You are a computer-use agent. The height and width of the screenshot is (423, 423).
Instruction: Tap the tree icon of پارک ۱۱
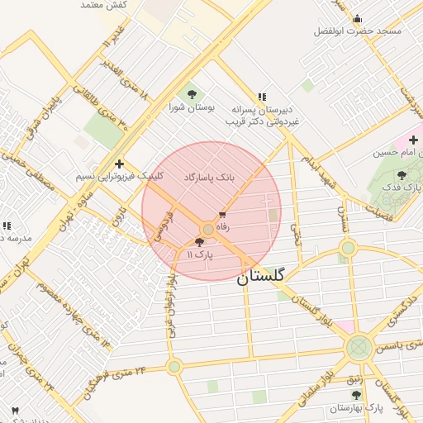click(x=198, y=242)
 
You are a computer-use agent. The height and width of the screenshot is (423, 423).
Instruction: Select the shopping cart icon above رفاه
click(x=221, y=214)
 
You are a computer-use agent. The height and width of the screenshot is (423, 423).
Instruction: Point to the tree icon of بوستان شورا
click(x=192, y=94)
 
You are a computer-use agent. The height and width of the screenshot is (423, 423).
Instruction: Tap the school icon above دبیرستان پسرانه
click(x=262, y=97)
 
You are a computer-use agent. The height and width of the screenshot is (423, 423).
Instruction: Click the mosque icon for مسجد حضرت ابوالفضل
click(x=357, y=18)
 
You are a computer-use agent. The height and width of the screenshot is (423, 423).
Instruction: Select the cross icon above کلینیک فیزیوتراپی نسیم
click(x=120, y=164)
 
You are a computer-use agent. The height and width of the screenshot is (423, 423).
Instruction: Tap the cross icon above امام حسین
click(x=413, y=140)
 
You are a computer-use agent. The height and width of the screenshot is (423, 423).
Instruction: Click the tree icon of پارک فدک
click(x=402, y=175)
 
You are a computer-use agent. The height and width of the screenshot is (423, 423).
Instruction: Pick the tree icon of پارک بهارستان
click(x=357, y=395)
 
